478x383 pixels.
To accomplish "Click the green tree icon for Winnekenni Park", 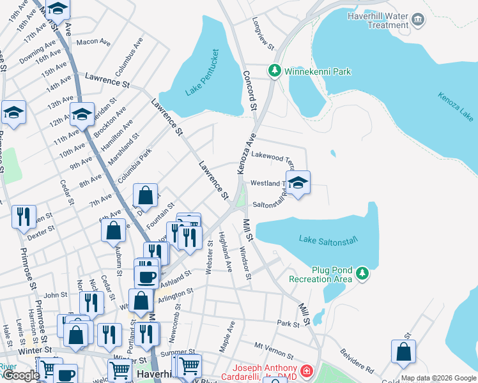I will pyautogui.click(x=275, y=70).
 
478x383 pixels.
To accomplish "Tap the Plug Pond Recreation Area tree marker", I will pyautogui.click(x=362, y=273).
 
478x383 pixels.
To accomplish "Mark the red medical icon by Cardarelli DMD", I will pyautogui.click(x=307, y=370).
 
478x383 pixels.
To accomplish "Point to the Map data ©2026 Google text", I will pyautogui.click(x=438, y=378).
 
